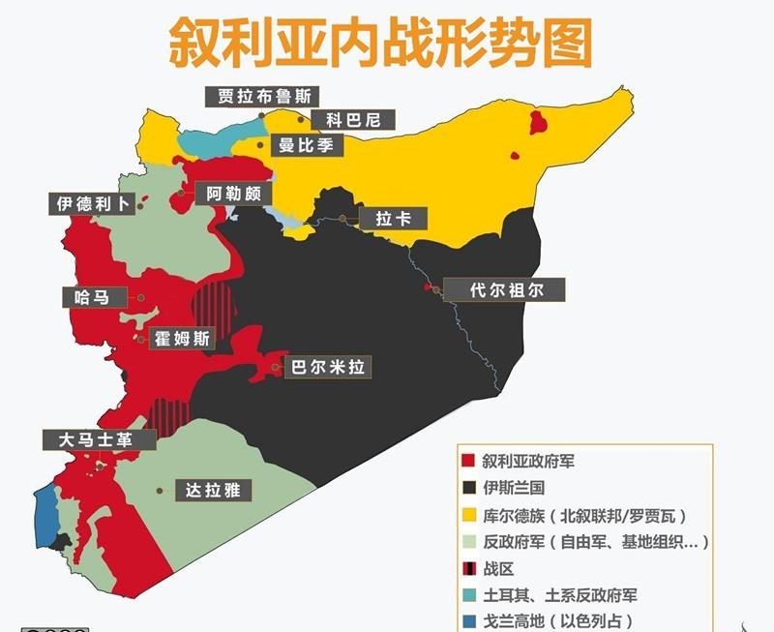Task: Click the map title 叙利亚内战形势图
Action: pyautogui.click(x=381, y=41)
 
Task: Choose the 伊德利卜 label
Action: pyautogui.click(x=92, y=205)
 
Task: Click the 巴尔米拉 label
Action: pyautogui.click(x=331, y=368)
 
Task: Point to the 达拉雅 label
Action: pyautogui.click(x=212, y=491)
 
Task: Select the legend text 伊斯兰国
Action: pyautogui.click(x=514, y=488)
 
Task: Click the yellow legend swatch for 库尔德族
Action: pyautogui.click(x=468, y=515)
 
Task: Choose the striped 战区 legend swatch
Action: pyautogui.click(x=468, y=569)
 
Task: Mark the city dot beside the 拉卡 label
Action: pyautogui.click(x=342, y=219)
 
